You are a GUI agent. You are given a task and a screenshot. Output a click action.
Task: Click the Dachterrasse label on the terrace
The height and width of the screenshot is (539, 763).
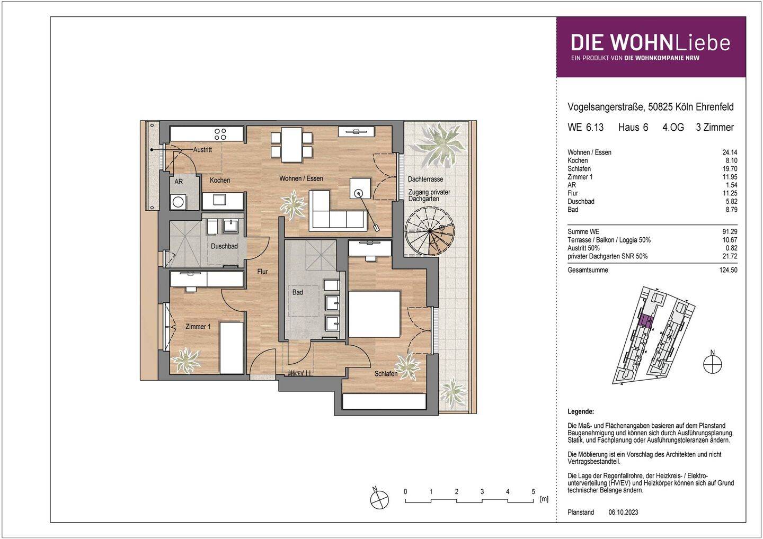click(425, 179)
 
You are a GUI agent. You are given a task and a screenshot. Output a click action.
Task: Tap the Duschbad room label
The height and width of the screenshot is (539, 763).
click(224, 246)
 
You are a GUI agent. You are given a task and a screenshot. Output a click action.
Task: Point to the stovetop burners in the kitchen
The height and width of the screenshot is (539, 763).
click(220, 134)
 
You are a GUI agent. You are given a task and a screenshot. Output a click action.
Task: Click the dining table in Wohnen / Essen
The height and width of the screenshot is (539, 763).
click(291, 145)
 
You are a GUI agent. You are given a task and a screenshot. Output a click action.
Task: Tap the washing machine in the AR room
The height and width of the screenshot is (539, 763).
click(178, 202)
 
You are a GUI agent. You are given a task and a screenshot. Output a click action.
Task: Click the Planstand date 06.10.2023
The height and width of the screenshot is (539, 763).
click(623, 513)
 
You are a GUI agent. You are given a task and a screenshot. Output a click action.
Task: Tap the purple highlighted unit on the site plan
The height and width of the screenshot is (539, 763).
click(645, 321)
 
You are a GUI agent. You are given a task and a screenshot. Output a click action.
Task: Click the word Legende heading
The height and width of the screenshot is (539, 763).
click(581, 412)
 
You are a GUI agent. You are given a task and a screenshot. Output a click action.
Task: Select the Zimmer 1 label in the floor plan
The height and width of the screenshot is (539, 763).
click(198, 327)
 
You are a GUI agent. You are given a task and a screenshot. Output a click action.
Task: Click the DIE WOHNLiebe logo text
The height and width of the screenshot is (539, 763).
click(651, 43)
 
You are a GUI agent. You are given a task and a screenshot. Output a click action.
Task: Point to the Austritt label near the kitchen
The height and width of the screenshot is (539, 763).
click(202, 150)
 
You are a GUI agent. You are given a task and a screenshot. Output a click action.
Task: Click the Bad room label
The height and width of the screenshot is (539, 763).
click(297, 292)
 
